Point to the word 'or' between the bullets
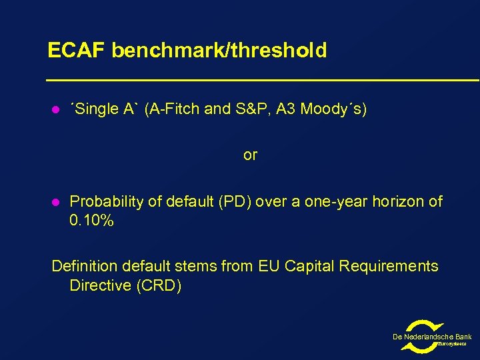[x=250, y=155]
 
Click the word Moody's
[x=333, y=109]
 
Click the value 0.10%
[x=91, y=221]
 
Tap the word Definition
[x=83, y=267]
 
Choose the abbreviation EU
[x=268, y=267]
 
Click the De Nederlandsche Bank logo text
[x=432, y=337]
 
